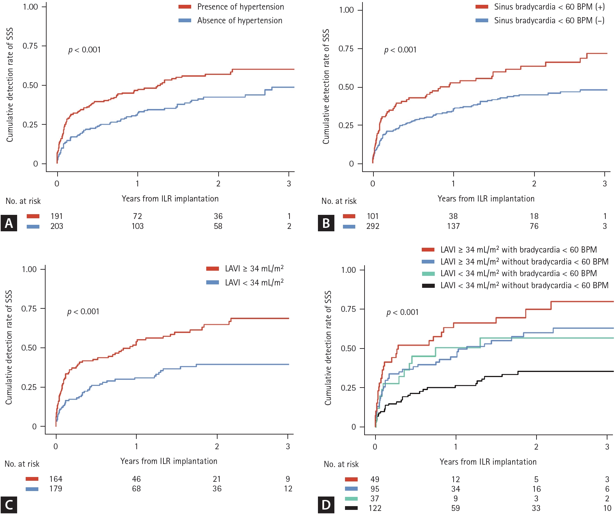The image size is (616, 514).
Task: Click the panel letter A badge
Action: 9,223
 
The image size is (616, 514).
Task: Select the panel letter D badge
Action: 326,505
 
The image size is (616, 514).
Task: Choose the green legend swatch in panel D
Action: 428,273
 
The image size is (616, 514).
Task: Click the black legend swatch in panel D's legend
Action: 428,285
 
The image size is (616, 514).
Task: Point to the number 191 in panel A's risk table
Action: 57,216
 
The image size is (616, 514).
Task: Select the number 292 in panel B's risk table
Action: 373,226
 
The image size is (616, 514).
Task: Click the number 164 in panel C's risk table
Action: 56,479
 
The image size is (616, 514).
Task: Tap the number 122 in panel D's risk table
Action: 375,508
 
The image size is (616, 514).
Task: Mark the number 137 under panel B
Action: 453,226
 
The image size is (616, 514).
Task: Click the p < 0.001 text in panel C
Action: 83,312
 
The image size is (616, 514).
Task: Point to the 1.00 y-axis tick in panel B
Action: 346,10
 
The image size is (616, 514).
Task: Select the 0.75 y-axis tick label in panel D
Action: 348,309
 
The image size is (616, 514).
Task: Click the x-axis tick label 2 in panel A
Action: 218,184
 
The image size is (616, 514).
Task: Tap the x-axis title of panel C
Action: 169,461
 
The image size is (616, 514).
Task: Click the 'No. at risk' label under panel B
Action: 339,201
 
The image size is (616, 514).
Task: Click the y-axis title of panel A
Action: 10,85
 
